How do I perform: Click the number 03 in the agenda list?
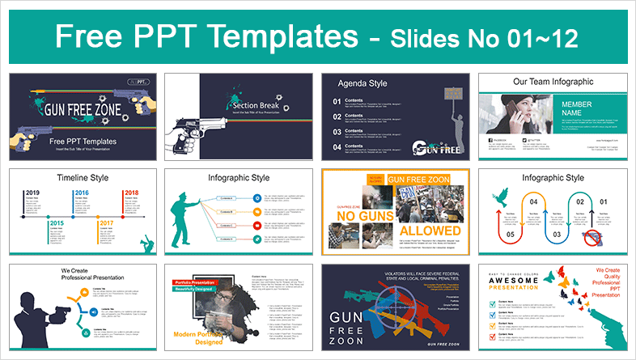point(336,130)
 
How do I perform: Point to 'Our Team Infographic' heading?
point(555,82)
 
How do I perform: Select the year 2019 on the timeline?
point(33,193)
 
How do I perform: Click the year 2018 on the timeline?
point(132,193)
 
